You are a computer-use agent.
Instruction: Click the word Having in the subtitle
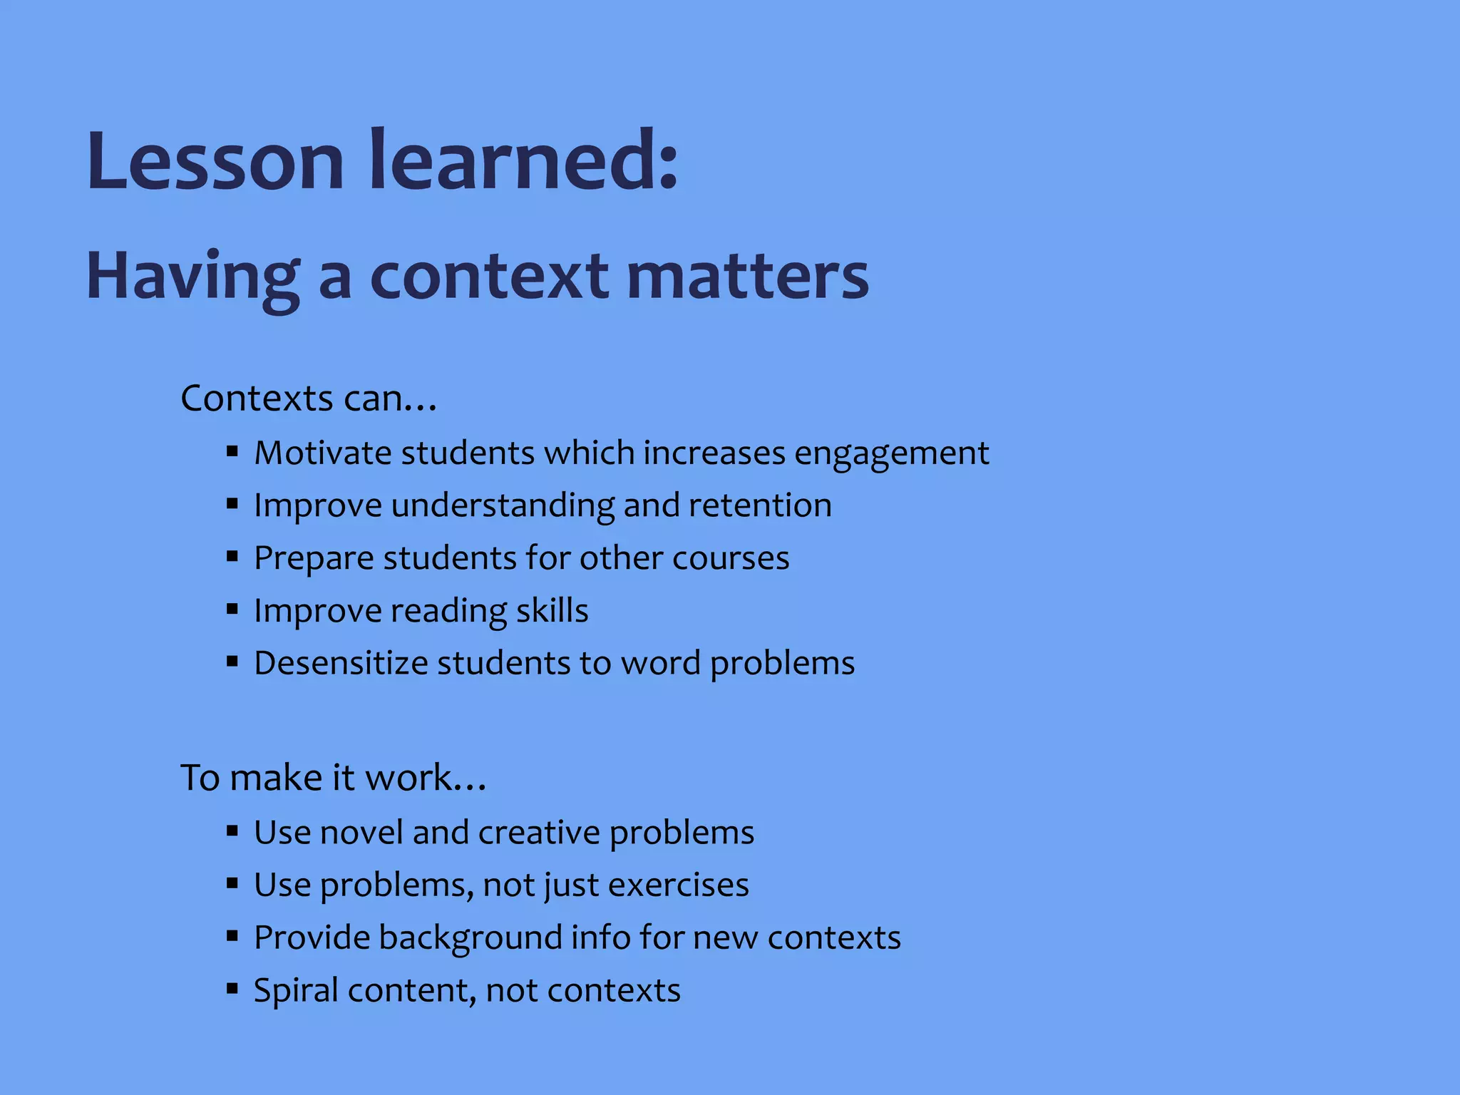pyautogui.click(x=192, y=278)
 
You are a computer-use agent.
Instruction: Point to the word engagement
pyautogui.click(x=891, y=454)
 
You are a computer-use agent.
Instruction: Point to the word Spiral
pyautogui.click(x=296, y=991)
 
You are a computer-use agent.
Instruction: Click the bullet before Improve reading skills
pyautogui.click(x=232, y=610)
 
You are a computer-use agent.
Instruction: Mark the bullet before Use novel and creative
pyautogui.click(x=232, y=831)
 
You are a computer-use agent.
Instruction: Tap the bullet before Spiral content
pyautogui.click(x=232, y=989)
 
